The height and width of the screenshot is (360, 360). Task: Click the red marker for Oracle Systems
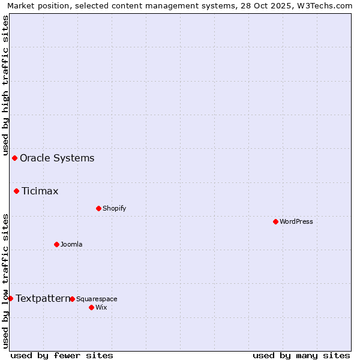click(x=14, y=158)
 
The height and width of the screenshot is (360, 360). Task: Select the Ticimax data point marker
click(x=17, y=191)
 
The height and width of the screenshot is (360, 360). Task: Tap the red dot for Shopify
click(x=98, y=208)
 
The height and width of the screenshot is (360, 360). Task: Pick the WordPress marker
click(x=275, y=221)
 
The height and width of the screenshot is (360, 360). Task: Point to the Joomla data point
click(x=56, y=244)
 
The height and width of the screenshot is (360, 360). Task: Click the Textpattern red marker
click(x=10, y=298)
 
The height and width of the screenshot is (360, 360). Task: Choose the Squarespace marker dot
click(x=72, y=299)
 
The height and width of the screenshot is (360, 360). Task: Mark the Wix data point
click(x=91, y=307)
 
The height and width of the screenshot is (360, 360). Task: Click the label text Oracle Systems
click(x=57, y=158)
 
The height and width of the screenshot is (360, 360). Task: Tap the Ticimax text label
click(x=40, y=191)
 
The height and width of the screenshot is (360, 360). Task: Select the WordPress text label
click(x=296, y=221)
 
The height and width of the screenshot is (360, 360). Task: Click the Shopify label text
click(x=115, y=208)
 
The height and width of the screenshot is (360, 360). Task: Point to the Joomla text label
click(x=71, y=244)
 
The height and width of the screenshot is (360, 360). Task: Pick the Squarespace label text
click(x=97, y=299)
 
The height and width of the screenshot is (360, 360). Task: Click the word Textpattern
click(x=43, y=298)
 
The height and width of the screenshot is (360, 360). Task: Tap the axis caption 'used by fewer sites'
click(x=62, y=355)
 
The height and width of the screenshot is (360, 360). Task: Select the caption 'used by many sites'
click(x=301, y=355)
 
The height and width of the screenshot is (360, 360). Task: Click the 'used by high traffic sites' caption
click(x=5, y=85)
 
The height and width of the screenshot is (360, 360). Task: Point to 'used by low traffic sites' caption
click(x=5, y=280)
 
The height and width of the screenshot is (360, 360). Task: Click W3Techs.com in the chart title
click(x=323, y=5)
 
